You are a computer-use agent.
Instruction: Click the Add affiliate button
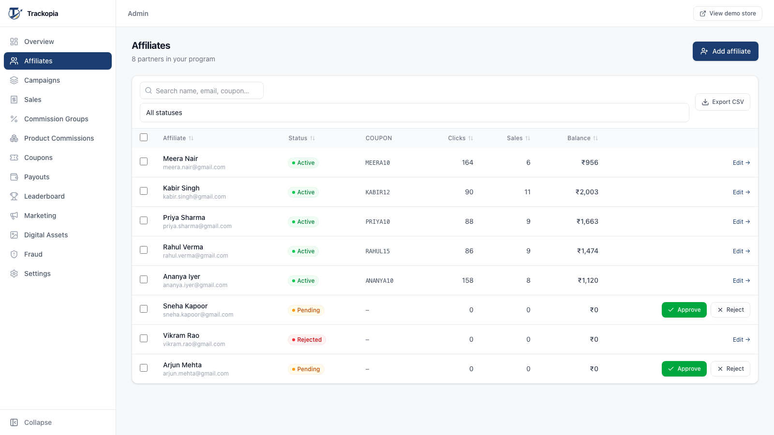[x=725, y=51]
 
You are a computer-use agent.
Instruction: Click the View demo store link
[x=728, y=14]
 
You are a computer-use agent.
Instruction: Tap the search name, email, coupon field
[x=201, y=90]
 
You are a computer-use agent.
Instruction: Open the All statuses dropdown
[x=414, y=113]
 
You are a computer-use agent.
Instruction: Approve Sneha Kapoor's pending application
[x=684, y=310]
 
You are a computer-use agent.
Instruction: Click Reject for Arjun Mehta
[x=730, y=369]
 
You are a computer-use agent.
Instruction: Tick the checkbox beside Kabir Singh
[x=144, y=191]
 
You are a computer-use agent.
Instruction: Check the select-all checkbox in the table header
[x=144, y=137]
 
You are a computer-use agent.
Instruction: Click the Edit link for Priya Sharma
[x=741, y=222]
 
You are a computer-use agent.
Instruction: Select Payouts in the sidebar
[x=37, y=177]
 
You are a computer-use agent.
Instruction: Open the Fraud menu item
[x=33, y=254]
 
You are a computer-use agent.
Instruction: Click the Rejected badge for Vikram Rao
[x=307, y=339]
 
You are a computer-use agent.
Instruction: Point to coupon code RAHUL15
[x=378, y=251]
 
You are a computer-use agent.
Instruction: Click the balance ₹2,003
[x=587, y=192]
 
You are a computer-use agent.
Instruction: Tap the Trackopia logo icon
[x=15, y=14]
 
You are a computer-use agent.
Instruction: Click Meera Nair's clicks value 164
[x=467, y=162]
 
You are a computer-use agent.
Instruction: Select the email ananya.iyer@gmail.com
[x=195, y=285]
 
